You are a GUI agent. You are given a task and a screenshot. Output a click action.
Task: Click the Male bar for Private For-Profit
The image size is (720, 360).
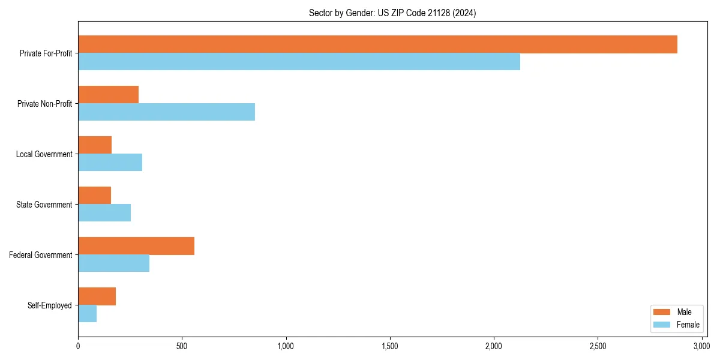click(x=377, y=44)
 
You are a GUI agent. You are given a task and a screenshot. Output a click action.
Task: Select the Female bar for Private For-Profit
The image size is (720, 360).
click(x=299, y=62)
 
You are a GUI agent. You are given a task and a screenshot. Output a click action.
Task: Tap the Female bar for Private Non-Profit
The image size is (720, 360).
click(x=166, y=112)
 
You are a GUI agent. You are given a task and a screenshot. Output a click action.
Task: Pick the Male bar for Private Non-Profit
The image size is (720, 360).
click(x=108, y=95)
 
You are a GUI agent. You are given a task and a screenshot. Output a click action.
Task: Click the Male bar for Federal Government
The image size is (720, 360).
click(x=136, y=246)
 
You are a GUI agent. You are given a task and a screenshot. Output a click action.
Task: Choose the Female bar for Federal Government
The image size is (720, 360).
click(x=113, y=263)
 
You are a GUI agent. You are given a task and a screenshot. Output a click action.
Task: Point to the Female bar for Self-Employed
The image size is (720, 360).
click(x=87, y=314)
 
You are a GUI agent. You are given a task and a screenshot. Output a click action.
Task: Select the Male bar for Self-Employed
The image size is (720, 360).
click(x=97, y=296)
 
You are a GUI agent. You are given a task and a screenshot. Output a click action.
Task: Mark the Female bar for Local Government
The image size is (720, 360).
click(x=110, y=163)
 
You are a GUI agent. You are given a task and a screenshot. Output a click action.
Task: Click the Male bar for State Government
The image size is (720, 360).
click(x=94, y=196)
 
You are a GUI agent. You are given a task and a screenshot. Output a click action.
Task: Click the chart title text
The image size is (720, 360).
click(x=392, y=13)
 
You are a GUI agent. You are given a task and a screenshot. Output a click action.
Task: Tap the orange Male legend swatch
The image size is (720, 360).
click(x=662, y=312)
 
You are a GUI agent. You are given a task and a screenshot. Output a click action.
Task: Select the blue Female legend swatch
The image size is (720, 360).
click(x=662, y=325)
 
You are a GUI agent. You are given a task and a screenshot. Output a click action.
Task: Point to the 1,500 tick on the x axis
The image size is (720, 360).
click(x=390, y=346)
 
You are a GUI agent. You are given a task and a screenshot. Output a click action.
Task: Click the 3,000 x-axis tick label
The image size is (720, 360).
click(x=701, y=346)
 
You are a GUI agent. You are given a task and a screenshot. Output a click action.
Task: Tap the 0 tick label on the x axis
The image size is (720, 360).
click(x=78, y=346)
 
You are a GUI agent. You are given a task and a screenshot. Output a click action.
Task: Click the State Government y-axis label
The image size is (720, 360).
click(x=44, y=205)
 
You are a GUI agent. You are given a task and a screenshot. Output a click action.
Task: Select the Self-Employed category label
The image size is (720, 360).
click(x=50, y=305)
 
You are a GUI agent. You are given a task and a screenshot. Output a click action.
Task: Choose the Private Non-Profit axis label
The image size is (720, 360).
click(x=44, y=104)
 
